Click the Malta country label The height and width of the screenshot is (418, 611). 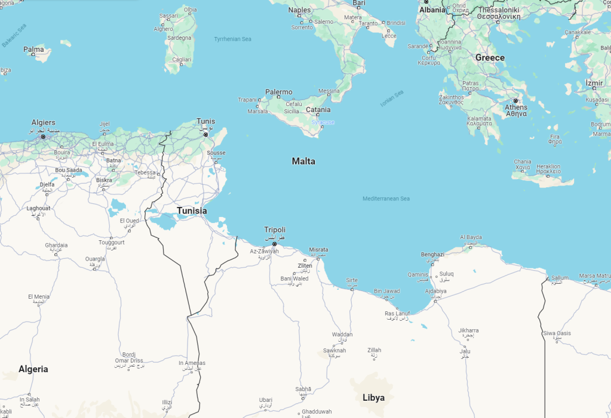pyautogui.click(x=303, y=161)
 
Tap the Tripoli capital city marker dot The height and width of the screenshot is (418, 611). pyautogui.click(x=274, y=244)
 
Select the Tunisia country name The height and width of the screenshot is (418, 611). pyautogui.click(x=192, y=210)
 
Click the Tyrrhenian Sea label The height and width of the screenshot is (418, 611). pyautogui.click(x=232, y=39)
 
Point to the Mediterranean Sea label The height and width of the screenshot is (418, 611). pyautogui.click(x=386, y=199)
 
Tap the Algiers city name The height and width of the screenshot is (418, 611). pyautogui.click(x=43, y=122)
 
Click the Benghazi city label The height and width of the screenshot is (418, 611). pyautogui.click(x=432, y=255)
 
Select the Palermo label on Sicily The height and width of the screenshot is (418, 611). pyautogui.click(x=279, y=92)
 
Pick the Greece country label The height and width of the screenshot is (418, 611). pyautogui.click(x=490, y=58)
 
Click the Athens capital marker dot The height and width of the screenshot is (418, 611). pyautogui.click(x=515, y=101)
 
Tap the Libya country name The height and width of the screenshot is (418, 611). pyautogui.click(x=373, y=398)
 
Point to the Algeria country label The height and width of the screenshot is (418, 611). pyautogui.click(x=33, y=369)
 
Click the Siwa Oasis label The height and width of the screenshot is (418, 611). pyautogui.click(x=557, y=333)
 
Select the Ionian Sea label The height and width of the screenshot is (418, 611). pyautogui.click(x=392, y=98)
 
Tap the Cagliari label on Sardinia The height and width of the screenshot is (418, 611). pyautogui.click(x=182, y=60)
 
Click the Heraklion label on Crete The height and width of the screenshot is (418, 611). pyautogui.click(x=548, y=166)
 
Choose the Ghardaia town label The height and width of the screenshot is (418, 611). pyautogui.click(x=56, y=245)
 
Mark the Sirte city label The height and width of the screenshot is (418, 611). pyautogui.click(x=352, y=280)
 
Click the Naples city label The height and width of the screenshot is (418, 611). pyautogui.click(x=299, y=10)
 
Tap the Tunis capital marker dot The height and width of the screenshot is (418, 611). pyautogui.click(x=205, y=135)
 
